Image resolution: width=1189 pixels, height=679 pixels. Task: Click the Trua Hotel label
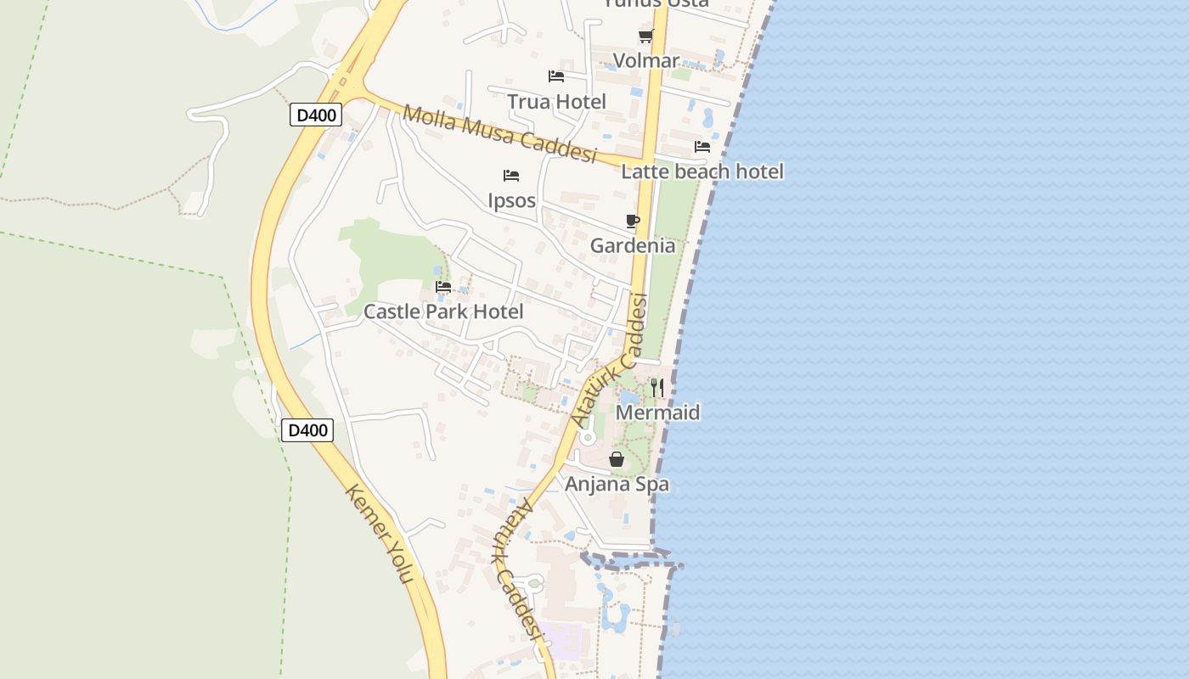point(556,102)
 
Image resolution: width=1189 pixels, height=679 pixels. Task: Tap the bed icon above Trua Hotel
point(556,76)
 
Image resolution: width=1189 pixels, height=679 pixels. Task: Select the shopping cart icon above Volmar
point(645,36)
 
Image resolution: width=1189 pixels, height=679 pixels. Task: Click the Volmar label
point(645,61)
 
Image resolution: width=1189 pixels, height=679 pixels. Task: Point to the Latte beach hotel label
point(702,171)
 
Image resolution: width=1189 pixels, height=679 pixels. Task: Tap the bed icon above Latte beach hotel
point(702,146)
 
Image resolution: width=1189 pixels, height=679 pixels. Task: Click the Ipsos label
point(511,201)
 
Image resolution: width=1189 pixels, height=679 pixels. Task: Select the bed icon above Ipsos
point(511,176)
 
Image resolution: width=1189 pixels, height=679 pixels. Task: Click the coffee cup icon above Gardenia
point(632,222)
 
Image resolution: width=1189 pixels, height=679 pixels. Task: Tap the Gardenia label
point(633,246)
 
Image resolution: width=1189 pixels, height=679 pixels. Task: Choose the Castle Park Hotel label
point(443,311)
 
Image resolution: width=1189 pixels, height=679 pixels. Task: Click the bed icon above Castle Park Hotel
point(443,287)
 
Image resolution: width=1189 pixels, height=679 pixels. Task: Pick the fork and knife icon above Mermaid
point(657,388)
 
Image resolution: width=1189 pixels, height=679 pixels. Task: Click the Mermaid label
point(657,413)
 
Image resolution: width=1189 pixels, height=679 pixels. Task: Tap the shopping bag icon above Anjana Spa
point(617,459)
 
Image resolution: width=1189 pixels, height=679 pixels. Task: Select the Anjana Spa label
point(617,485)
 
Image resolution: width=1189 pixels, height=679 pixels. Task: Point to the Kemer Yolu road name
point(380,533)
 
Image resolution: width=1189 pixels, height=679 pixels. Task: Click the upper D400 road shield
point(316,115)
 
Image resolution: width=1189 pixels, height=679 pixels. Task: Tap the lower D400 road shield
point(307,430)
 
